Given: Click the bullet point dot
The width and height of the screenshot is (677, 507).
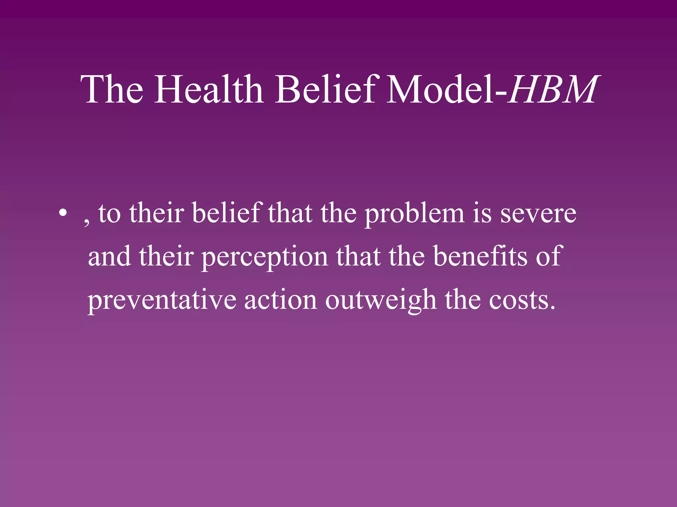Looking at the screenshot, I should click(x=62, y=214).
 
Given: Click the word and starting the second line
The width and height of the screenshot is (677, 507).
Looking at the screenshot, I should click(x=109, y=257).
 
